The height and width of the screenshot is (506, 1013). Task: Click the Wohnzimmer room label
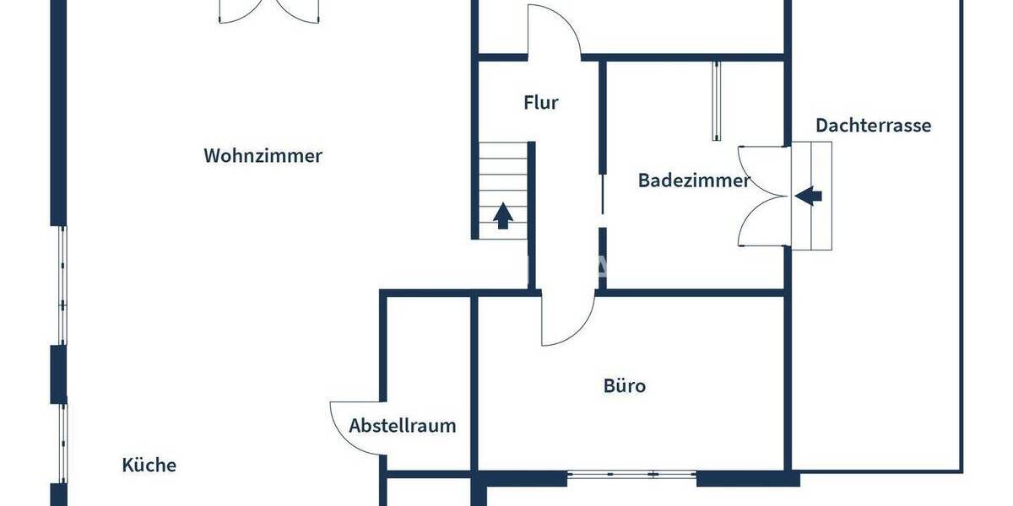tap(263, 156)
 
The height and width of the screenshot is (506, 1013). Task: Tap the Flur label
tap(541, 103)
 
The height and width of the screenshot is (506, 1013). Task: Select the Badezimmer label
tap(694, 180)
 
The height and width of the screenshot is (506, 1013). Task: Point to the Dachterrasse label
tap(873, 126)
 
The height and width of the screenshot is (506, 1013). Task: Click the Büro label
tap(625, 386)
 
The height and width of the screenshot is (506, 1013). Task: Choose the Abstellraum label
tap(403, 425)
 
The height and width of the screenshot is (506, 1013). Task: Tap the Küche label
tap(149, 465)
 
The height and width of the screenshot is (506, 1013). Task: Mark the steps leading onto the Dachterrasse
tap(812, 196)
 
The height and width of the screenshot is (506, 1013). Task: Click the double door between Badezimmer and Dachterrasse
tap(764, 196)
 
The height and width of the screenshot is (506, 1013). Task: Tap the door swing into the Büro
tap(568, 319)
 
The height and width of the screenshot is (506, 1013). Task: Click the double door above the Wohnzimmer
tap(268, 12)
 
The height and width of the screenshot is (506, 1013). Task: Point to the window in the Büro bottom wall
tap(631, 474)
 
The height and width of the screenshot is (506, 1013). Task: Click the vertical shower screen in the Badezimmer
tap(717, 101)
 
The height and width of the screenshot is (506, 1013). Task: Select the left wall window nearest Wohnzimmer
tap(62, 285)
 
